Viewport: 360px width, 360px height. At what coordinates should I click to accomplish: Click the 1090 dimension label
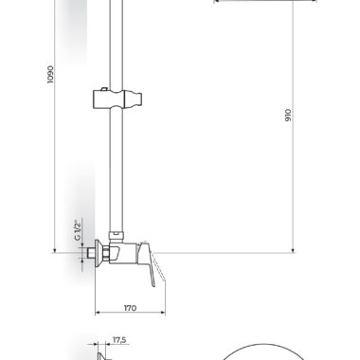[x=50, y=75]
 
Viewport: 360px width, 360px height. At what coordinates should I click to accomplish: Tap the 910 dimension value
[x=288, y=116]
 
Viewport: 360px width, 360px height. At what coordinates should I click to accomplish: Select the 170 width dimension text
[x=130, y=308]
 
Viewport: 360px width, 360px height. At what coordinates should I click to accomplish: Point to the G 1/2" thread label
[x=79, y=229]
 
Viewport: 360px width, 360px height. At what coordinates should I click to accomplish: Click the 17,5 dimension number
[x=119, y=340]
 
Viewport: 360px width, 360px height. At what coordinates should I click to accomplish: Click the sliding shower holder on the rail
[x=117, y=99]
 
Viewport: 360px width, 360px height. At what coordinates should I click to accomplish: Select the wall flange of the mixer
[x=99, y=252]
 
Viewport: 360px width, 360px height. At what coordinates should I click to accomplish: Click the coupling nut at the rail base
[x=116, y=236]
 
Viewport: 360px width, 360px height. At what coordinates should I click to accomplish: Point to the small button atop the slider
[x=102, y=89]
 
